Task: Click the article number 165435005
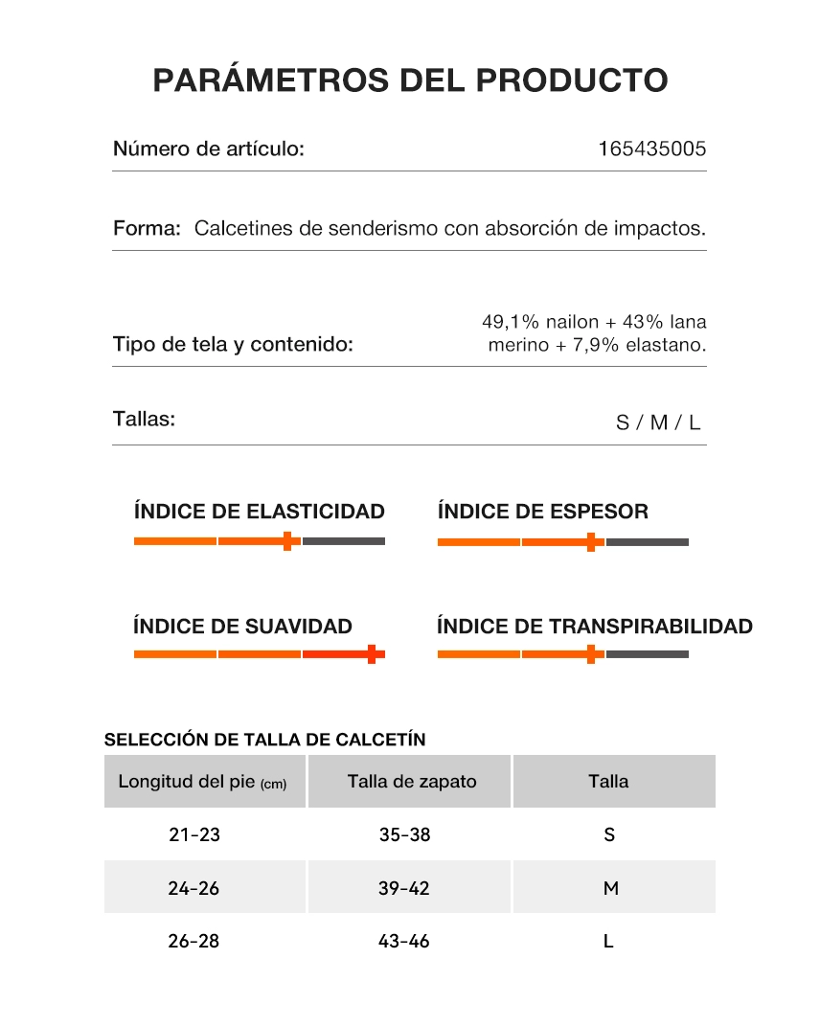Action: click(651, 149)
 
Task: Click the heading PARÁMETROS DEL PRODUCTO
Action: click(410, 80)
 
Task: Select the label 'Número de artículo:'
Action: click(209, 149)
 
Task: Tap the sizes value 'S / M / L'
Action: click(658, 422)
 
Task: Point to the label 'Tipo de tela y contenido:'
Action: click(233, 345)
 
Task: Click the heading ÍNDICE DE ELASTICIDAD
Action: click(259, 512)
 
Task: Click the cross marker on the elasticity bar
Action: click(287, 541)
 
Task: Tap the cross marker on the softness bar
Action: click(372, 654)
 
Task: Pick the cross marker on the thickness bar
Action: click(591, 542)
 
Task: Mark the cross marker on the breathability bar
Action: click(591, 654)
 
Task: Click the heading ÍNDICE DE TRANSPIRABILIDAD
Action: click(594, 627)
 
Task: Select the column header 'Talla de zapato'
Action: click(412, 781)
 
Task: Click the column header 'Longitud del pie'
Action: click(202, 781)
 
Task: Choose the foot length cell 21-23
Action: click(194, 834)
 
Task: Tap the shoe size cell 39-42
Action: click(404, 888)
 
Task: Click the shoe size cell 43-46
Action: click(404, 941)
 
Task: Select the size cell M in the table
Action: click(610, 888)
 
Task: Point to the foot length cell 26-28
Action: click(194, 941)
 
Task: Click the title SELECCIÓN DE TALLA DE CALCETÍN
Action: click(264, 740)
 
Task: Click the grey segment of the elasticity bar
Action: click(344, 541)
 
